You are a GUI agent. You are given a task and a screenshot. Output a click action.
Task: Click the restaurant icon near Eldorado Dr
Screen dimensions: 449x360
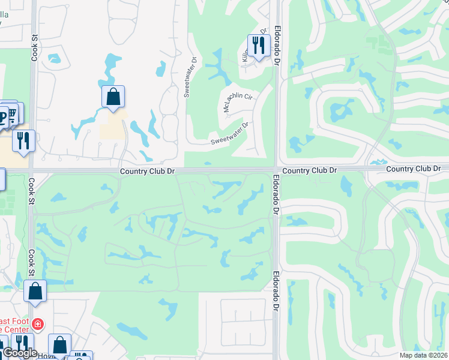(258, 45)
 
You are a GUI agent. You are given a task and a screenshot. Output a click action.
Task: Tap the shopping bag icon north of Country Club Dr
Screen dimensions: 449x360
(113, 97)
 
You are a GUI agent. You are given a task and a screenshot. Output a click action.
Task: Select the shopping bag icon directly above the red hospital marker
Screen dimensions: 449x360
(35, 292)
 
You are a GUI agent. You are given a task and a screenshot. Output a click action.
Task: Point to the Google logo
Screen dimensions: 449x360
(20, 353)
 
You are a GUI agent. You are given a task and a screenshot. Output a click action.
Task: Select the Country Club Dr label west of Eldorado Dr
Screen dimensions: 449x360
(147, 171)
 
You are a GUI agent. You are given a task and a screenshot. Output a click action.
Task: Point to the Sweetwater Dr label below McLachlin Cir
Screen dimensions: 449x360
(229, 134)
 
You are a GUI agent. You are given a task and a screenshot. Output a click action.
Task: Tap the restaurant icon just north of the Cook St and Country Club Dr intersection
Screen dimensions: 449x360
(23, 142)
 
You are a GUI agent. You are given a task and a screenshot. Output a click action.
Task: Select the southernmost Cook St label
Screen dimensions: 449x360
(29, 260)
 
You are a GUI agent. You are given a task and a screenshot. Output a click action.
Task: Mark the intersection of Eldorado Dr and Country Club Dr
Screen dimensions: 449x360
(275, 170)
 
